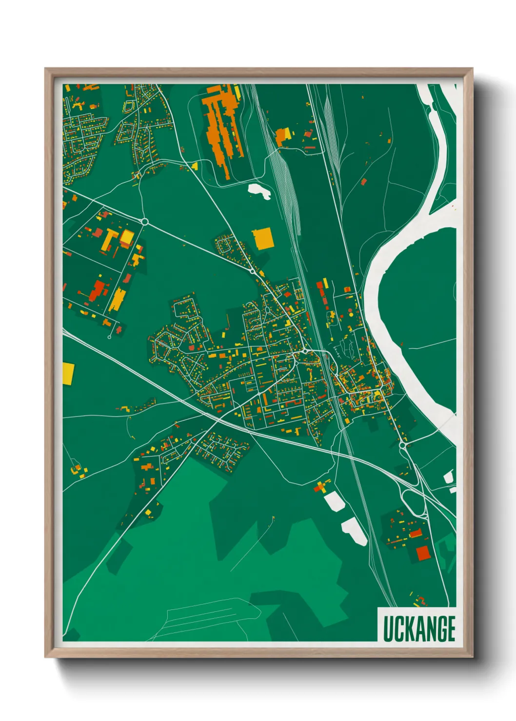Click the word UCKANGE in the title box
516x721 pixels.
[x=419, y=629]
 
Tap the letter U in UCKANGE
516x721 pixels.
[x=388, y=629]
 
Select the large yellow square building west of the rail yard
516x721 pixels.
[x=262, y=238]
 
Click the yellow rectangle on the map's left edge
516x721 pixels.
[x=68, y=373]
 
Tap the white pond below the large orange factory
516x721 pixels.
[x=259, y=191]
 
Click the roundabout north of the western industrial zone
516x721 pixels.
[x=144, y=222]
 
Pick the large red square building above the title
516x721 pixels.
[x=423, y=553]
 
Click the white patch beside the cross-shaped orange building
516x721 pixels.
[x=334, y=501]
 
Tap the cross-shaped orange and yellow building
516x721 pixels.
[x=321, y=486]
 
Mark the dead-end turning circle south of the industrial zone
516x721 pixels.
[x=110, y=337]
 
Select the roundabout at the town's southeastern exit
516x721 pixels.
[x=402, y=445]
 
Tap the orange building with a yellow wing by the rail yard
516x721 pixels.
[x=283, y=135]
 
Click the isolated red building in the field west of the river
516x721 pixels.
[x=363, y=182]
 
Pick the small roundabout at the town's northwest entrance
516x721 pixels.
[x=252, y=271]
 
